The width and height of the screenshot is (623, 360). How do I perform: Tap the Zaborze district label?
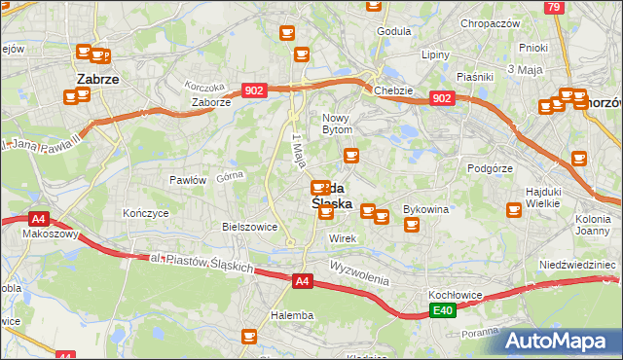tap(211, 101)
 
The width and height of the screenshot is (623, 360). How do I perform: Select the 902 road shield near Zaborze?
tap(254, 90)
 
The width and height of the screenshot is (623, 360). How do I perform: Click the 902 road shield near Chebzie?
tap(441, 98)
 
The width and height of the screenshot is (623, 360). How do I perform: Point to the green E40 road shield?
tap(443, 310)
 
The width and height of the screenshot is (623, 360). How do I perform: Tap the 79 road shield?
tap(553, 7)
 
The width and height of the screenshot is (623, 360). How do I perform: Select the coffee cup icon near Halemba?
tap(248, 337)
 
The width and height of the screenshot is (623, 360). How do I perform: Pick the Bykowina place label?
tap(425, 209)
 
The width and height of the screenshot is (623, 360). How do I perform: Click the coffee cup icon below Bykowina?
tap(411, 225)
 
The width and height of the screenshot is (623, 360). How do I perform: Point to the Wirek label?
tap(343, 238)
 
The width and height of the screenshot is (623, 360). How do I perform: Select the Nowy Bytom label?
tap(343, 123)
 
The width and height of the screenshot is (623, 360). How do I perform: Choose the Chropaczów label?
tap(490, 23)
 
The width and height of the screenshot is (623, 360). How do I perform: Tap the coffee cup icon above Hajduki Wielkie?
tap(580, 159)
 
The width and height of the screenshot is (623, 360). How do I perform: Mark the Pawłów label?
tap(188, 180)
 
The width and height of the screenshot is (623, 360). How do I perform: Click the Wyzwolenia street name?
tap(359, 271)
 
